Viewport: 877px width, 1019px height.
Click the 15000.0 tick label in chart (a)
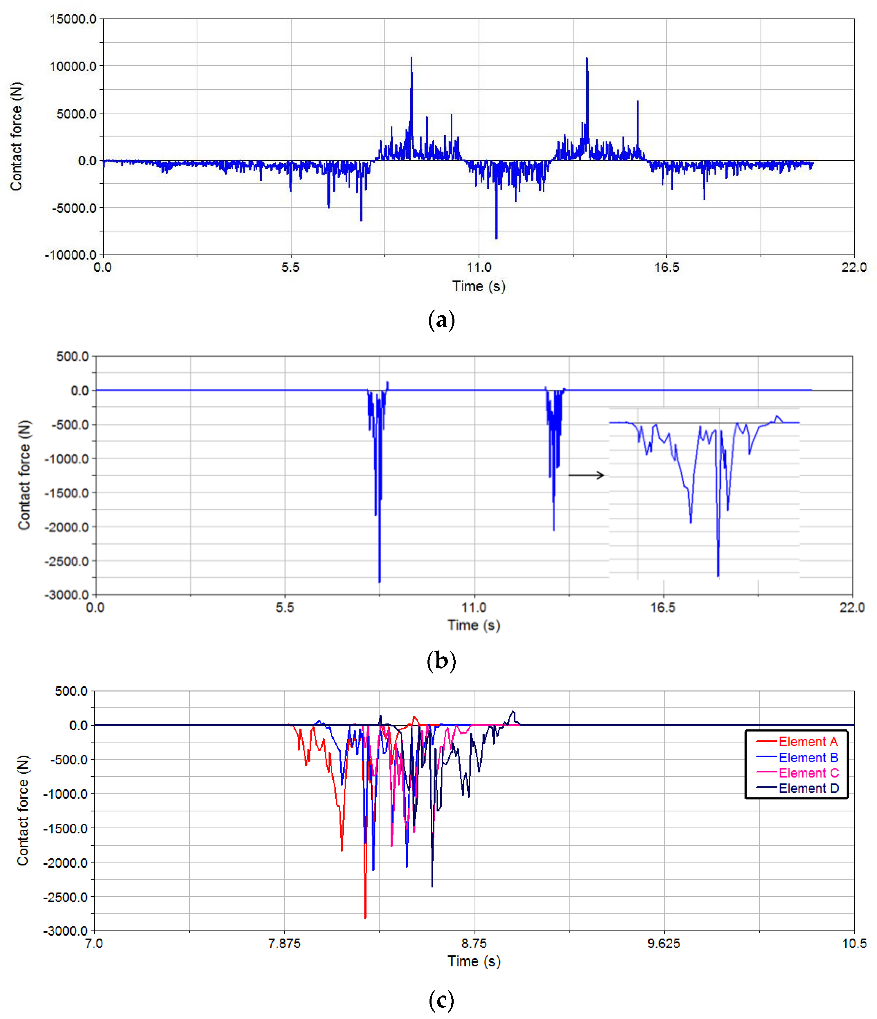(73, 19)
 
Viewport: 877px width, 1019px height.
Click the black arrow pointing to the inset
(585, 475)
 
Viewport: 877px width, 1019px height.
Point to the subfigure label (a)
(441, 320)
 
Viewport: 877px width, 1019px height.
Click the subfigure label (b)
(441, 660)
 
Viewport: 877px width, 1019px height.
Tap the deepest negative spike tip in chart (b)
(379, 582)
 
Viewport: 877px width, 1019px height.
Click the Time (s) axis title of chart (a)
(479, 286)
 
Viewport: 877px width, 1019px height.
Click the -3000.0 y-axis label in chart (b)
(67, 595)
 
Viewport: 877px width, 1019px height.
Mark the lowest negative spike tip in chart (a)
(496, 238)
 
